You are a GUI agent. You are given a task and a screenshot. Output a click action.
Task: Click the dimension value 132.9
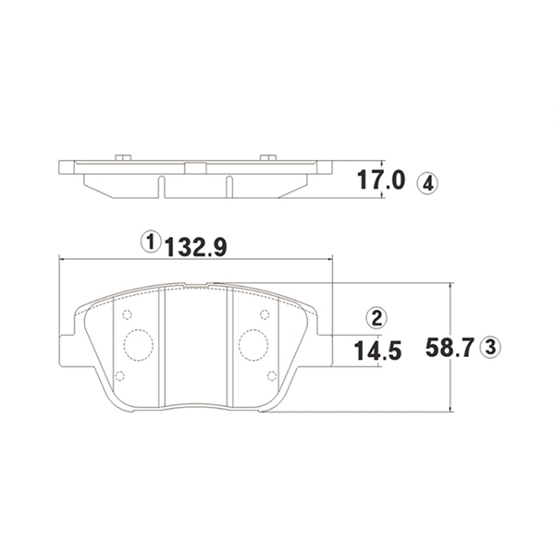(x=196, y=247)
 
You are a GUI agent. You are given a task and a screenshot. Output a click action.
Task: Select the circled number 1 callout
(x=151, y=242)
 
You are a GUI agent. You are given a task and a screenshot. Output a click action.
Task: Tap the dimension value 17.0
(x=380, y=179)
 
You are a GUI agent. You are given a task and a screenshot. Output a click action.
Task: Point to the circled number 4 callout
(x=427, y=184)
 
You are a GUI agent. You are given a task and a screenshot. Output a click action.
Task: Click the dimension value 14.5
(x=377, y=351)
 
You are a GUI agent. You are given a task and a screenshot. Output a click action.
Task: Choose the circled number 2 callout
(x=376, y=317)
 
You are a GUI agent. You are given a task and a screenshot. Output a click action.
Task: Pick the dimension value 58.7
(x=450, y=347)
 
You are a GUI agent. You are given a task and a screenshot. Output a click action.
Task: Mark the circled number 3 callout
(x=490, y=347)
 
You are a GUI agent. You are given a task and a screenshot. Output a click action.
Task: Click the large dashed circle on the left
(x=139, y=345)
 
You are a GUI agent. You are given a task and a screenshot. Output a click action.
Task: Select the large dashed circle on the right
(x=253, y=345)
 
